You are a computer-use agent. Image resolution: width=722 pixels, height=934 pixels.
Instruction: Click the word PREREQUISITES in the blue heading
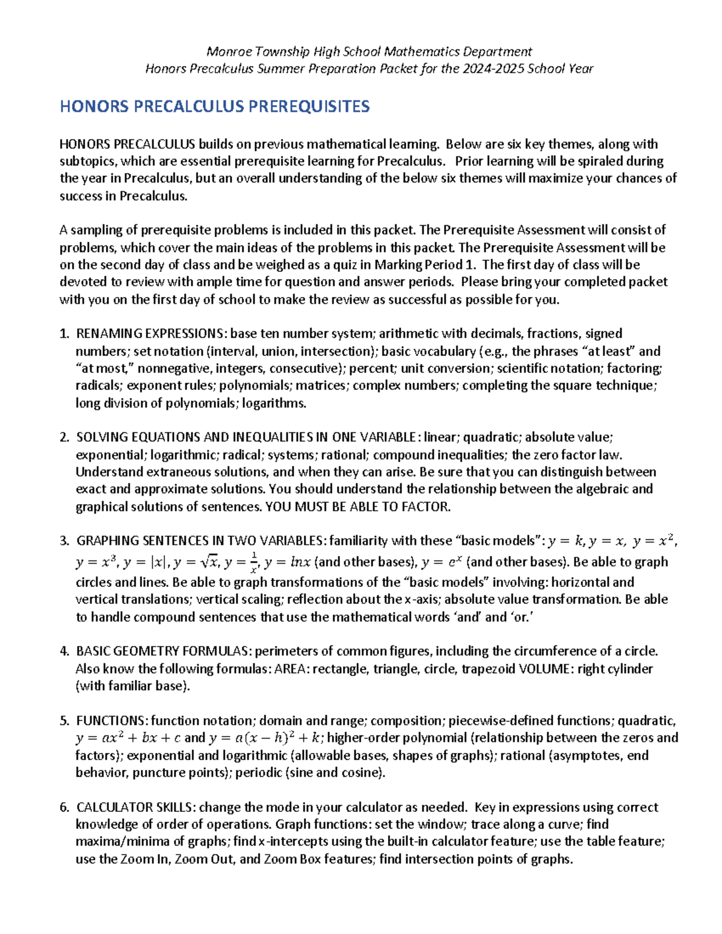click(x=309, y=106)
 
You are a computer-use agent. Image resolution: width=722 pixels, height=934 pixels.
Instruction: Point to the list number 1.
click(x=64, y=334)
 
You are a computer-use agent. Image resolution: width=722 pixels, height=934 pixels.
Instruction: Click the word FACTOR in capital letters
click(x=427, y=507)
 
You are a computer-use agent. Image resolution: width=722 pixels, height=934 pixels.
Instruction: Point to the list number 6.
click(x=64, y=808)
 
